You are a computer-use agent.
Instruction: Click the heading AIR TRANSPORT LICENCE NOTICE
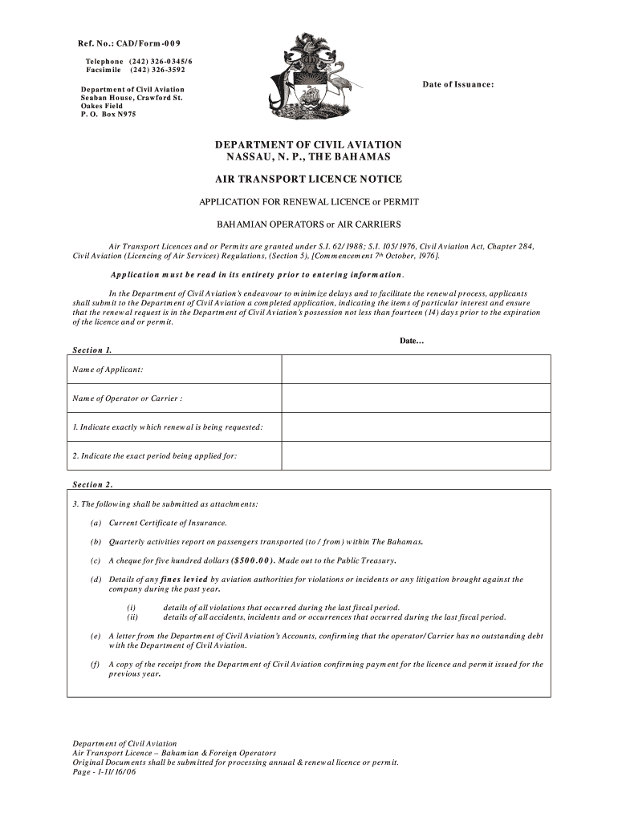point(308,179)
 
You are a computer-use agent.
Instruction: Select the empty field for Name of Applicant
point(416,370)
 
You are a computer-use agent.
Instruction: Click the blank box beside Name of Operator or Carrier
point(416,398)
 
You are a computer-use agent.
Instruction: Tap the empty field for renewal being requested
point(416,427)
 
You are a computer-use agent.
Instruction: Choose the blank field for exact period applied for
point(416,455)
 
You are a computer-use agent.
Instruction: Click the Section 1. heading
point(92,350)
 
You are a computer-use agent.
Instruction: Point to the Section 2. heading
point(92,484)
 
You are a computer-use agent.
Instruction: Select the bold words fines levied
point(184,579)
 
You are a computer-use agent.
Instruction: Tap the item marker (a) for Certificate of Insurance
point(96,523)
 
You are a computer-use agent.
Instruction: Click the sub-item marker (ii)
point(132,617)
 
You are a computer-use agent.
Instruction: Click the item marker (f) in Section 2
point(96,664)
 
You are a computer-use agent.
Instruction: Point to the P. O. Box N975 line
point(108,115)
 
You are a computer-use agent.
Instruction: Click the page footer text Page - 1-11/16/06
point(104,772)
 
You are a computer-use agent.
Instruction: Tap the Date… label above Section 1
point(411,341)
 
